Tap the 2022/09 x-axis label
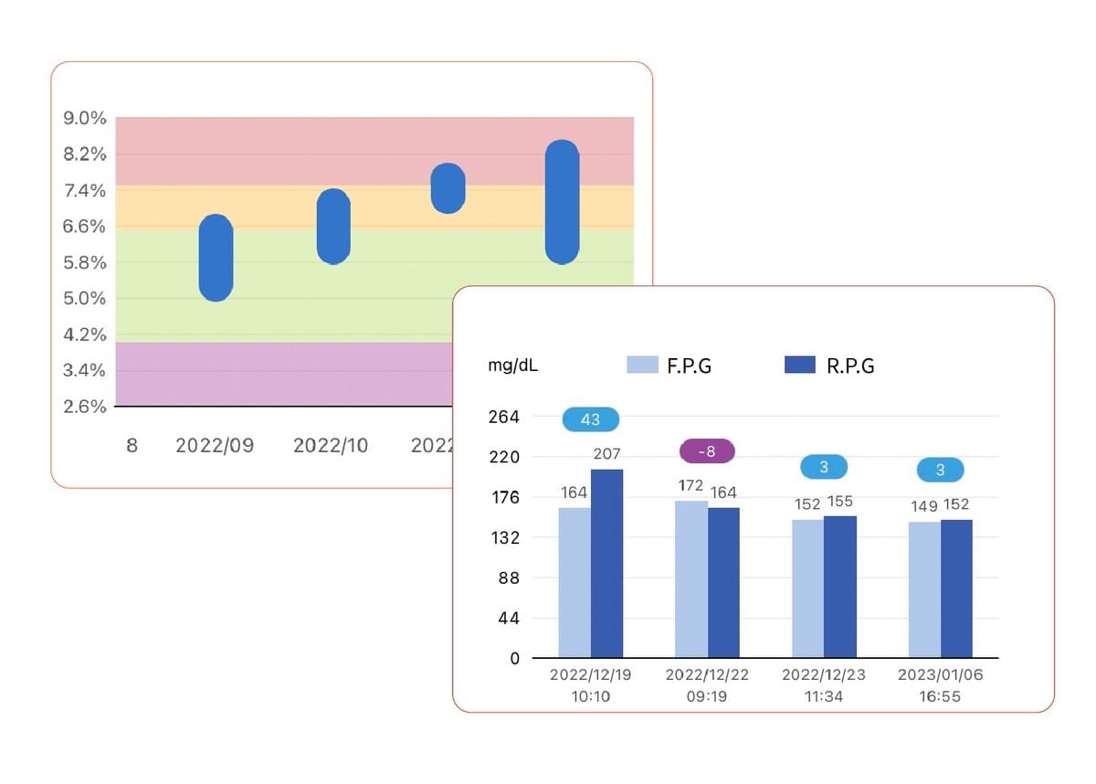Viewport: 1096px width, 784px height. click(215, 446)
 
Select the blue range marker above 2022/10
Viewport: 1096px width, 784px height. click(333, 227)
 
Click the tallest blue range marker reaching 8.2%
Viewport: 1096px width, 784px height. click(562, 202)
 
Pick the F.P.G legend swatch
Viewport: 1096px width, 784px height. click(643, 365)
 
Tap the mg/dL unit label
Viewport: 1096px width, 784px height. click(512, 366)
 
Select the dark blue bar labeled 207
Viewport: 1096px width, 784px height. click(606, 563)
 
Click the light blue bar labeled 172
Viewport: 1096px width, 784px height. click(691, 578)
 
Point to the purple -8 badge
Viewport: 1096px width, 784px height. click(708, 450)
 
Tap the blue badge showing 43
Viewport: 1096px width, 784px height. click(590, 419)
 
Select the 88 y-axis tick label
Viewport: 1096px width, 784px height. click(508, 577)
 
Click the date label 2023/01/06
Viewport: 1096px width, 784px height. click(940, 675)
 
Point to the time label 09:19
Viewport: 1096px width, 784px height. click(707, 696)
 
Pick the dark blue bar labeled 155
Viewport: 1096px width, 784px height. click(839, 586)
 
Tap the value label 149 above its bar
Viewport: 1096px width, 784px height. click(923, 505)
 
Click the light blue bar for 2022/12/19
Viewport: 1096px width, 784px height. click(574, 582)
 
